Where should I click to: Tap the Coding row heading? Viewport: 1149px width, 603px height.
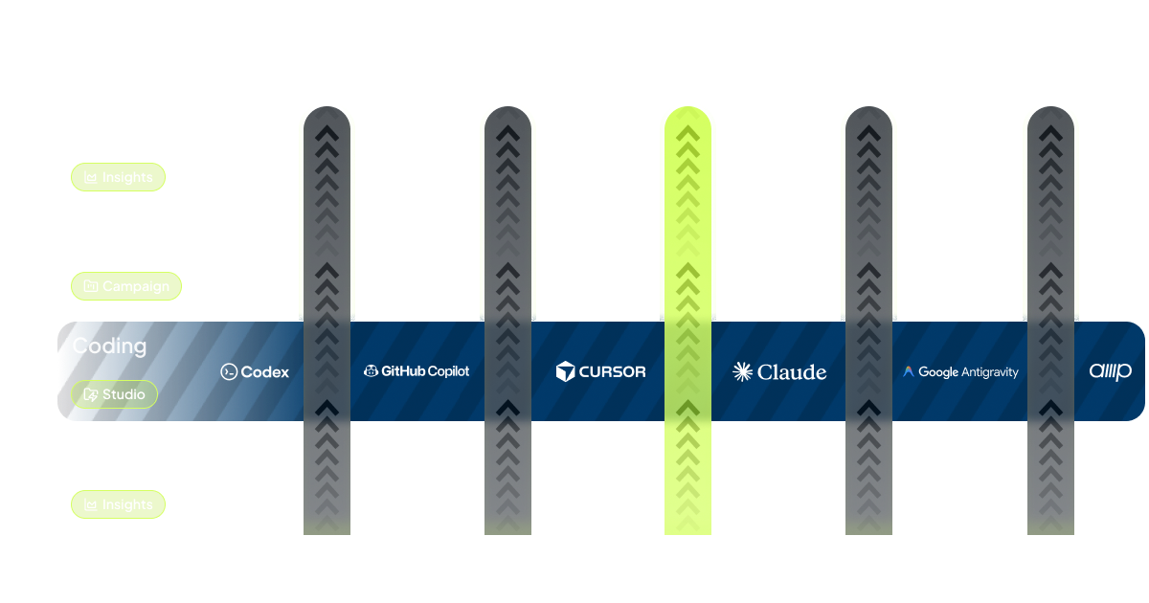coord(109,346)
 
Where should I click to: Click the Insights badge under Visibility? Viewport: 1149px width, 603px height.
coord(119,177)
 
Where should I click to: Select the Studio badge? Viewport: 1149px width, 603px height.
coord(114,394)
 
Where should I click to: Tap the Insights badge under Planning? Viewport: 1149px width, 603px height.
coord(119,504)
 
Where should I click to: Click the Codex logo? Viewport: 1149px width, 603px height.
coord(255,372)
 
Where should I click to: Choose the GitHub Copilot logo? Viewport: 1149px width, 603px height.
coord(417,371)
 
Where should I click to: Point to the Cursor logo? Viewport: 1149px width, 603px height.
coord(600,371)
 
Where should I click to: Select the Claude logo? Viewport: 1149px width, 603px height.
coord(778,372)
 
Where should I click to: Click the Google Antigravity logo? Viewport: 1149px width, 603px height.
coord(960,372)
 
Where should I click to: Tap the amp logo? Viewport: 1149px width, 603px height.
coord(1110,371)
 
